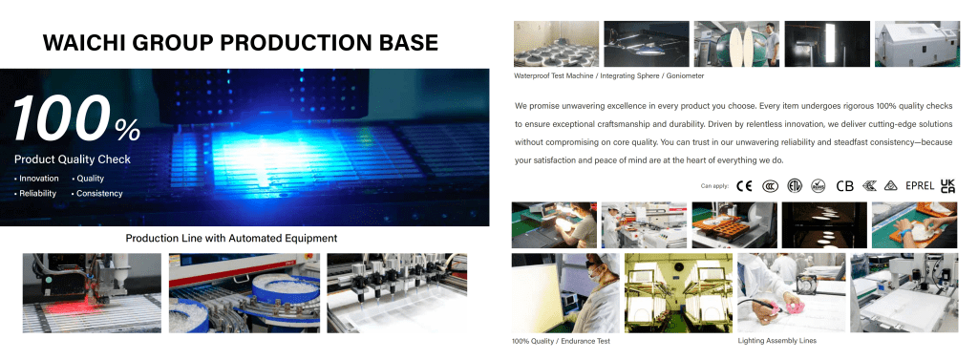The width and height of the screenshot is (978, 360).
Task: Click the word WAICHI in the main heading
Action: click(83, 42)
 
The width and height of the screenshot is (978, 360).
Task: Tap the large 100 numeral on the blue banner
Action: click(61, 117)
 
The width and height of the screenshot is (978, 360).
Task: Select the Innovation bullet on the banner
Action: click(37, 179)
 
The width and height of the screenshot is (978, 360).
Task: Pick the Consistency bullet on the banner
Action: click(97, 194)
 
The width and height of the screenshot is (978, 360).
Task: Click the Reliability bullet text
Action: click(35, 194)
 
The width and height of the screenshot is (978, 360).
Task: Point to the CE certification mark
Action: click(744, 186)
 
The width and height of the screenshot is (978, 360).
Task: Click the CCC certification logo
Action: click(771, 186)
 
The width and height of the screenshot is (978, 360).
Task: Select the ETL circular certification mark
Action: click(794, 186)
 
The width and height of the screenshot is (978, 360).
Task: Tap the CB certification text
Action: click(844, 186)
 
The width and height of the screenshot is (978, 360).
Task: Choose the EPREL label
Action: click(920, 186)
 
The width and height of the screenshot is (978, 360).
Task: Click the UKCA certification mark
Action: click(947, 186)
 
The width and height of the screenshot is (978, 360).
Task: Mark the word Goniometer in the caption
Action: click(685, 76)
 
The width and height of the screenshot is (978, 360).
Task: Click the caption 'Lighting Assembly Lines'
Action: click(776, 341)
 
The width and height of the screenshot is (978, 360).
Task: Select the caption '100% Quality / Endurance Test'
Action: click(561, 341)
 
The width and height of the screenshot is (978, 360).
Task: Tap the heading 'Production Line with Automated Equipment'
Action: click(231, 238)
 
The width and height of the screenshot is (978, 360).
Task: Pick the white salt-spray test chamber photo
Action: click(917, 44)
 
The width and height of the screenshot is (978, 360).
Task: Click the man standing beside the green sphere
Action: click(772, 44)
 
